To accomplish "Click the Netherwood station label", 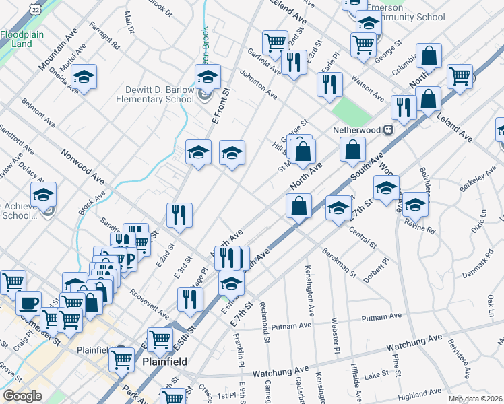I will [356, 129].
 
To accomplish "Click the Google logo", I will [22, 396].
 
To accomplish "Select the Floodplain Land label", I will [17, 39].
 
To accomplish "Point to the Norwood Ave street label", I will [84, 168].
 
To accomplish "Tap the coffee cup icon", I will [28, 302].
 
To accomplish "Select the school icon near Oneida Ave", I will [84, 77].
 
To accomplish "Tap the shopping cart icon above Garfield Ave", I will [275, 42].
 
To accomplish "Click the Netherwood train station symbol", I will [389, 129].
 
